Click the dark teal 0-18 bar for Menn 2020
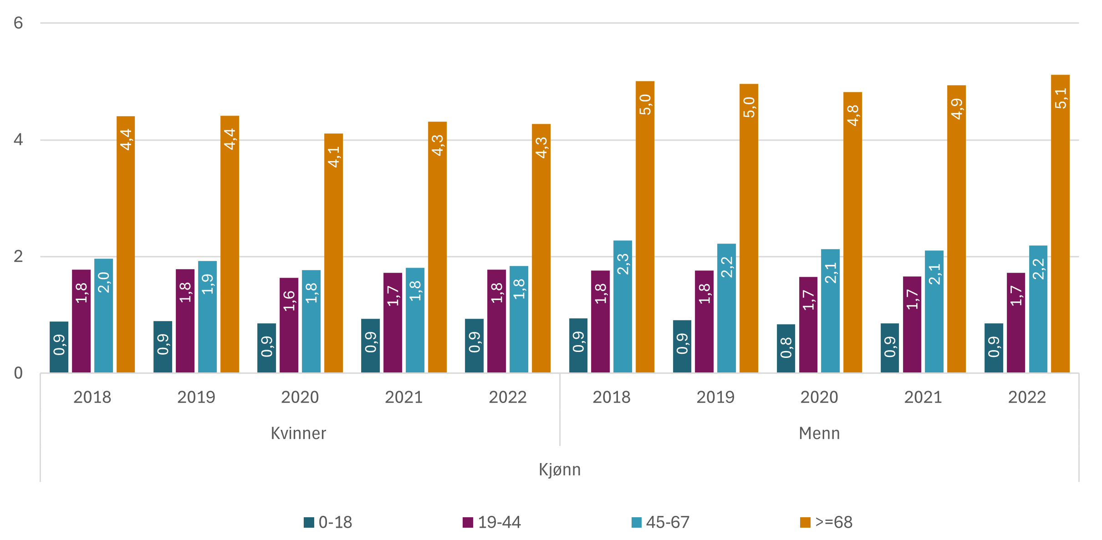pos(786,349)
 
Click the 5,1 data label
pos(1061,98)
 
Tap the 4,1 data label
pos(334,157)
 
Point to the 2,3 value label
pos(623,264)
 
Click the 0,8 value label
pos(786,348)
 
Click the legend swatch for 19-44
pos(468,522)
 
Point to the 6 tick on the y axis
pos(18,23)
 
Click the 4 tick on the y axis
pos(18,139)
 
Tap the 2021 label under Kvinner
pos(404,397)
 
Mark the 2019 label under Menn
pos(715,397)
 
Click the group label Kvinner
pos(298,433)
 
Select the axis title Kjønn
pos(560,469)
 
